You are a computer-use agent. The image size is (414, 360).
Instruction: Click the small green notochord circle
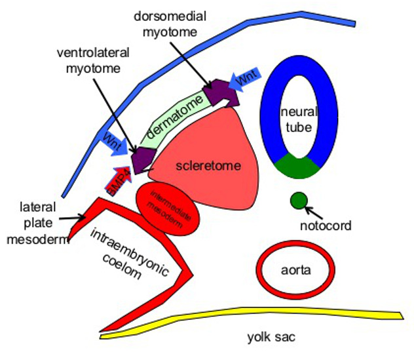tap(299, 200)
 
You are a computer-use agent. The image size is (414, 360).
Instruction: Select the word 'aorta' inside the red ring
tap(295, 270)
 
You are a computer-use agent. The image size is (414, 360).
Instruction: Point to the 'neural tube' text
tap(298, 118)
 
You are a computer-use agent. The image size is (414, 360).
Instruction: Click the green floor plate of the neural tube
tap(298, 167)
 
